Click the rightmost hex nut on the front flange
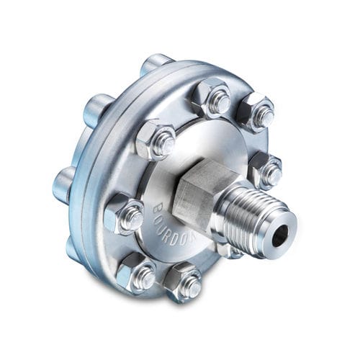pyautogui.click(x=266, y=170)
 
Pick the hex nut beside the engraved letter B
pyautogui.click(x=125, y=214)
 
